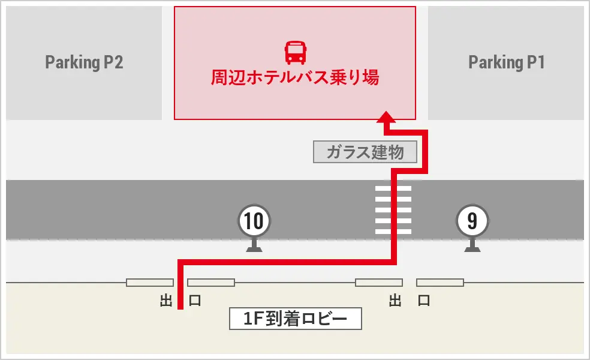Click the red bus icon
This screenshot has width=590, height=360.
[x=295, y=53]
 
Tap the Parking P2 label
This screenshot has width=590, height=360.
[x=84, y=62]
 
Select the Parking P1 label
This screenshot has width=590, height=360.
[x=506, y=62]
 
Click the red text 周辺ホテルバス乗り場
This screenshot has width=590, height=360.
[x=295, y=78]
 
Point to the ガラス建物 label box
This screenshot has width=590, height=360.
[x=366, y=152]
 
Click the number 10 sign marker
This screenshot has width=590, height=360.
[x=254, y=221]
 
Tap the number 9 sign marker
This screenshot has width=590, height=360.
[x=472, y=221]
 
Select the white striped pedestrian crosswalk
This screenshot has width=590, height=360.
[x=393, y=209]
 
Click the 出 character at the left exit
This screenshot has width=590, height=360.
[x=166, y=301]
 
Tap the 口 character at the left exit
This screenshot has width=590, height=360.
[x=195, y=301]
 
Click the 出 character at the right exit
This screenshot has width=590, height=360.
[x=395, y=301]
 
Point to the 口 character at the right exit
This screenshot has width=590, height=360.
[x=424, y=301]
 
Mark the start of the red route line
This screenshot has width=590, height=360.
[x=180, y=308]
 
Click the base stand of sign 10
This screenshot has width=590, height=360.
[x=254, y=247]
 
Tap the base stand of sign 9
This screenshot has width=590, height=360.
[x=472, y=247]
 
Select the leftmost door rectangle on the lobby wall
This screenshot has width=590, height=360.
[x=150, y=283]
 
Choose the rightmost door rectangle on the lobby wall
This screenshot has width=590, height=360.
[x=440, y=283]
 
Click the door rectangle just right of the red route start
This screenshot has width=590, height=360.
[x=210, y=283]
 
